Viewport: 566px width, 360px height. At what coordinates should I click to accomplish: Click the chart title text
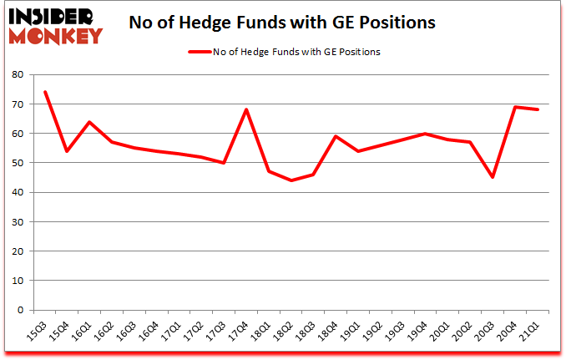pyautogui.click(x=282, y=23)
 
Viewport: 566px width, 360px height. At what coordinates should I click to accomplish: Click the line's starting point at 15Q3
pyautogui.click(x=45, y=92)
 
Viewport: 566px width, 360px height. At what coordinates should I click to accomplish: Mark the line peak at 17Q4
pyautogui.click(x=247, y=109)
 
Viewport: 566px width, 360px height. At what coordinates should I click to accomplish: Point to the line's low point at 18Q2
pyautogui.click(x=292, y=180)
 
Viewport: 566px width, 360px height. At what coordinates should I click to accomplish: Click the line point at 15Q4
pyautogui.click(x=68, y=151)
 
